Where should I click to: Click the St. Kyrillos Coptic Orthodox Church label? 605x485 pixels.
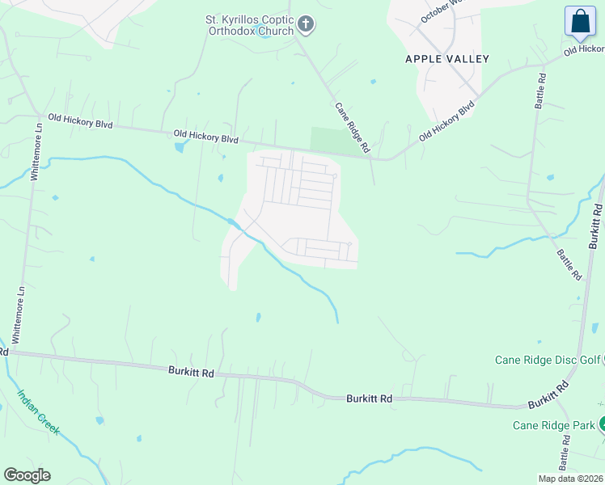click(x=252, y=24)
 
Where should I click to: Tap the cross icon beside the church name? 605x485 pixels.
click(x=306, y=24)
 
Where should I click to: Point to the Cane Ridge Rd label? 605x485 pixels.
click(x=352, y=127)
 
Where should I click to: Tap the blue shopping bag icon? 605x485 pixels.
click(x=580, y=22)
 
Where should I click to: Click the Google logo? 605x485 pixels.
click(x=27, y=475)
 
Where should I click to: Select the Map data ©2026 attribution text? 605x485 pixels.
click(x=570, y=478)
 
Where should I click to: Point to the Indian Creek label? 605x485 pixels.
click(x=39, y=412)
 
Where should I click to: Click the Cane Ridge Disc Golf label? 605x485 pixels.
click(x=549, y=360)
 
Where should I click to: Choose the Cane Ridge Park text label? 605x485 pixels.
click(x=553, y=425)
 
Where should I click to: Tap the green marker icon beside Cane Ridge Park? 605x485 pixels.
click(x=601, y=425)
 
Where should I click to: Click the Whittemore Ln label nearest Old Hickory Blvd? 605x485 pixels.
click(x=35, y=153)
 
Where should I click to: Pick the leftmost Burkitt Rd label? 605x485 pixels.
click(x=191, y=373)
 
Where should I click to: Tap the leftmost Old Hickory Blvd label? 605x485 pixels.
click(x=80, y=121)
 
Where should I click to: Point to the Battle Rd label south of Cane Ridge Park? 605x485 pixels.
click(x=565, y=457)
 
